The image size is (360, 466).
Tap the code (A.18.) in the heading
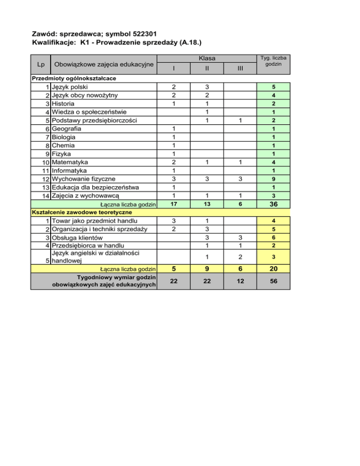(187, 43)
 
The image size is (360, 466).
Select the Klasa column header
(207, 59)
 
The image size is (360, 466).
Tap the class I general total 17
(173, 204)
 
